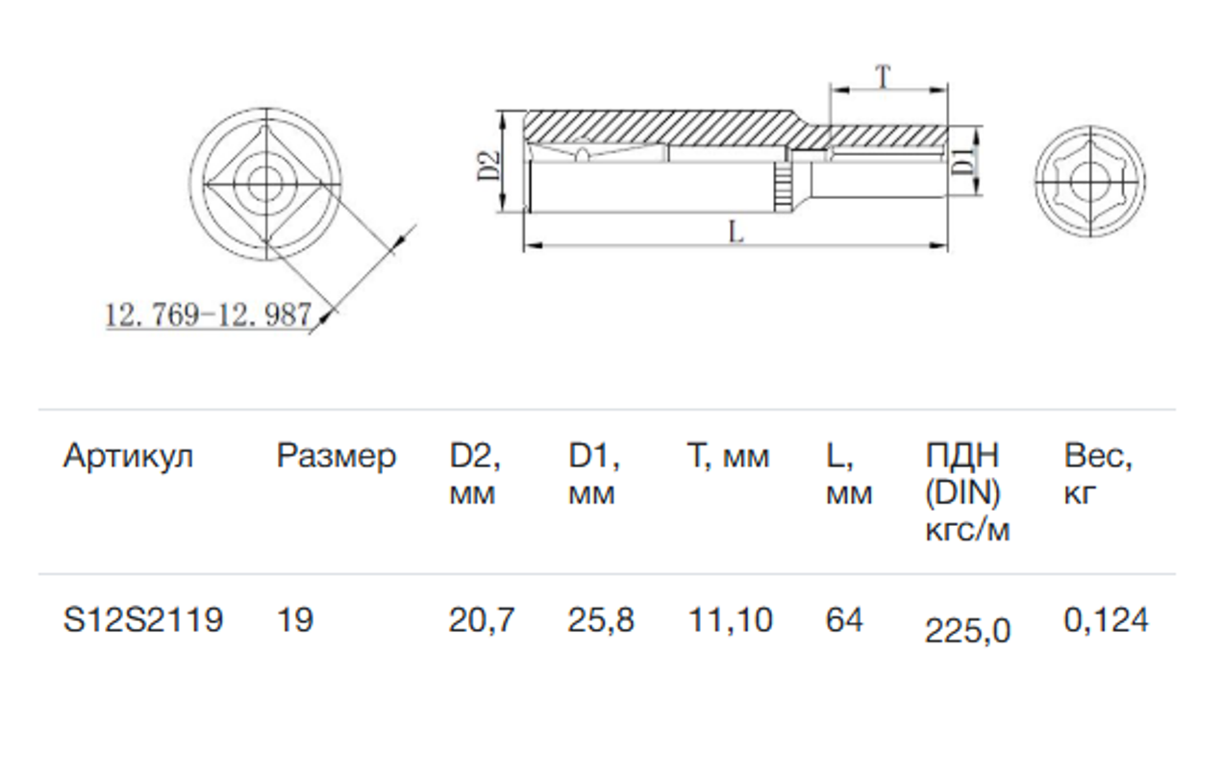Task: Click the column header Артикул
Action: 128,457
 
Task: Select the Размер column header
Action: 336,457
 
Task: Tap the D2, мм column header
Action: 475,475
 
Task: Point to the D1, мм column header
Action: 594,475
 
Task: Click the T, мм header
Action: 728,457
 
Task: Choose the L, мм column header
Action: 848,475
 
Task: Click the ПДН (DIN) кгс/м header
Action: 967,492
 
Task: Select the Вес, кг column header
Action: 1098,475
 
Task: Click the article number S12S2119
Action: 143,620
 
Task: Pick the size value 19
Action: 294,620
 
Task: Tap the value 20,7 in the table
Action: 482,620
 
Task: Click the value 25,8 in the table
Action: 601,620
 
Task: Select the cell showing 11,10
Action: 730,620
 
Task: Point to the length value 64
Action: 844,620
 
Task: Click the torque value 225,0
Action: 967,631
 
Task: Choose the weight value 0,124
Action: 1106,620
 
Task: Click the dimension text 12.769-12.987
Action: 208,313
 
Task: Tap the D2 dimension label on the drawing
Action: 489,164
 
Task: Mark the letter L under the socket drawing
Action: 736,232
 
